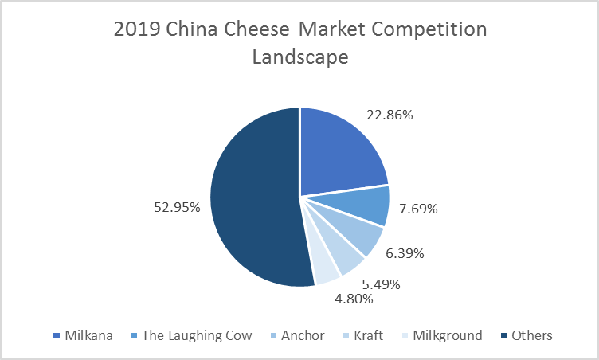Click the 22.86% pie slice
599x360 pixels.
(340, 153)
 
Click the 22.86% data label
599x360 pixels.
(390, 115)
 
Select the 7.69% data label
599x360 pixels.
(418, 209)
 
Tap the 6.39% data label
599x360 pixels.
(405, 253)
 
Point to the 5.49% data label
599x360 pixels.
(381, 284)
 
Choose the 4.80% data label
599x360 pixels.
(354, 299)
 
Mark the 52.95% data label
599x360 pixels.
(177, 207)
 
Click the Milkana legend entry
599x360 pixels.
(83, 335)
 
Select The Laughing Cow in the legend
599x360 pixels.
(191, 335)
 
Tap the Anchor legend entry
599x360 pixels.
(297, 335)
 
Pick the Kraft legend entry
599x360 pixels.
(363, 335)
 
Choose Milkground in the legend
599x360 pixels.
(442, 335)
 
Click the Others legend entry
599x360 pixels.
(527, 335)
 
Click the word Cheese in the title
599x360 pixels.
(256, 29)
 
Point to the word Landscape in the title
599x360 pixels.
(300, 57)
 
